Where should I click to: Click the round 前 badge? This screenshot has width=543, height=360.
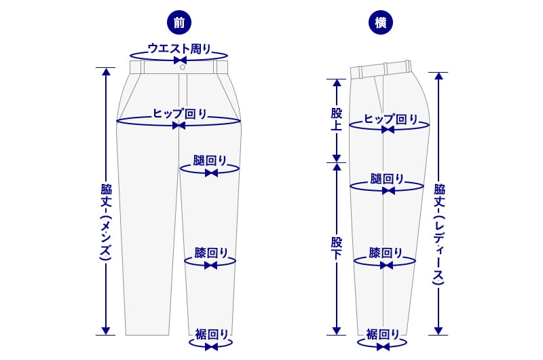[x=179, y=23]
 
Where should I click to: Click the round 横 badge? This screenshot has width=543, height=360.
[x=380, y=23]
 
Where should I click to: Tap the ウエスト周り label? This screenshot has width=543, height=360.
[x=179, y=49]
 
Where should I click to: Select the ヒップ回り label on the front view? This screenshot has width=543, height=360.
[x=180, y=113]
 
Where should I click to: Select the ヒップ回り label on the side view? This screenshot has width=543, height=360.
[x=391, y=119]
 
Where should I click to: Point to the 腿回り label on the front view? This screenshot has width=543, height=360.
[x=210, y=161]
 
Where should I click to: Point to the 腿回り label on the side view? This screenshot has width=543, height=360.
[x=388, y=179]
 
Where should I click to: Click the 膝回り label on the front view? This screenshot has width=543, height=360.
[x=211, y=253]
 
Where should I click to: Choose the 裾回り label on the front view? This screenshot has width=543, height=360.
[x=212, y=334]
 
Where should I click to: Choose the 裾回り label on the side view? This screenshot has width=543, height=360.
[x=383, y=334]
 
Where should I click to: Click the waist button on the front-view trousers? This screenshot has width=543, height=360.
[x=181, y=67]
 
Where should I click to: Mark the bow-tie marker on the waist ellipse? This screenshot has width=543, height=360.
[x=180, y=60]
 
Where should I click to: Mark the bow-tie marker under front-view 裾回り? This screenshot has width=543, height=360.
[x=211, y=346]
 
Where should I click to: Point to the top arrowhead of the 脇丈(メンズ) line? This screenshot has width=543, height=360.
[x=105, y=71]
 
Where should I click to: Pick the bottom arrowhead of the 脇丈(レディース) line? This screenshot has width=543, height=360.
[x=438, y=330]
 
